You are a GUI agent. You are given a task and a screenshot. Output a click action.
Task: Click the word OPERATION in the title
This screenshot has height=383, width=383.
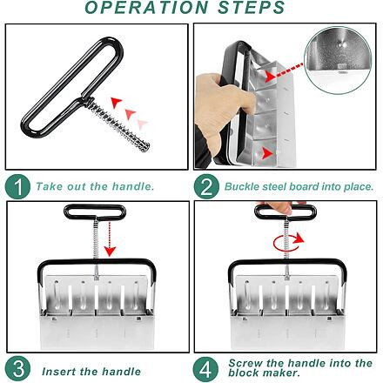point(146,7)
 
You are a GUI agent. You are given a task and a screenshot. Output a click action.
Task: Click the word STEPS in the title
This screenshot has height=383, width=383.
point(252,7)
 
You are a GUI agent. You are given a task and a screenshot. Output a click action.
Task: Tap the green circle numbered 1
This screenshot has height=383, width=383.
point(17,186)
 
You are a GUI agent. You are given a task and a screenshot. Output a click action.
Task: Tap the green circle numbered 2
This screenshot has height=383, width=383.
point(206,186)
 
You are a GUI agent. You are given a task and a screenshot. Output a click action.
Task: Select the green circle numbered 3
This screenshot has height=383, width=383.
point(17,369)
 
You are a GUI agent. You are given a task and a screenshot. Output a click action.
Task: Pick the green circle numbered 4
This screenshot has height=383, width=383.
point(205,369)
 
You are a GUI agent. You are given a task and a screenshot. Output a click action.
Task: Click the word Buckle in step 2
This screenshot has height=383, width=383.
point(242,186)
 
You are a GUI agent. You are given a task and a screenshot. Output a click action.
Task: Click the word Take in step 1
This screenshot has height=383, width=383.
point(49,186)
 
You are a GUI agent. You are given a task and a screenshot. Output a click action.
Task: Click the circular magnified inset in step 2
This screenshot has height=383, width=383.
point(339,60)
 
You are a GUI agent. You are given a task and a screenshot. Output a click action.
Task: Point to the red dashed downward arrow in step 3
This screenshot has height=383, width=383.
point(110,239)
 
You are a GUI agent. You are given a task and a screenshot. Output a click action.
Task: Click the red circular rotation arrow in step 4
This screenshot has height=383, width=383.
point(288,243)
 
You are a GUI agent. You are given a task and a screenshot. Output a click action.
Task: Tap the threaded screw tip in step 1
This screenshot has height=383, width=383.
point(145,146)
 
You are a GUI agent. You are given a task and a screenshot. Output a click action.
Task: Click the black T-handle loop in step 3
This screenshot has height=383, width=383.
point(95,212)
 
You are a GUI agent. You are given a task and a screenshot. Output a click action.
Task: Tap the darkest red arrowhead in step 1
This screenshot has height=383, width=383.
point(116,103)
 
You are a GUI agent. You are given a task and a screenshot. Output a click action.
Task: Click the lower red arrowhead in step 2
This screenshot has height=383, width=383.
point(267,153)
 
